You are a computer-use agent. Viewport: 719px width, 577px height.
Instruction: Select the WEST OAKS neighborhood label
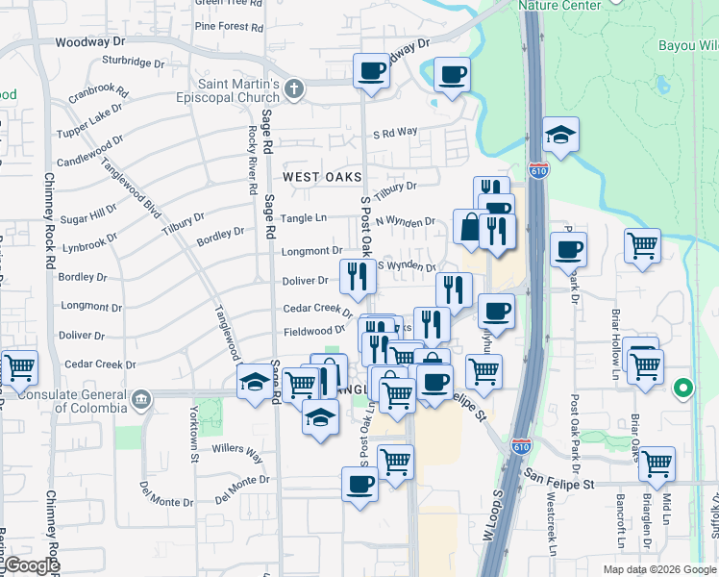[x=322, y=177]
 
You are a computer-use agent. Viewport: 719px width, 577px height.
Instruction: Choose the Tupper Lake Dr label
[x=92, y=120]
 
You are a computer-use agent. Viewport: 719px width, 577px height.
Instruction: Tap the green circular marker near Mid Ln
[x=683, y=389]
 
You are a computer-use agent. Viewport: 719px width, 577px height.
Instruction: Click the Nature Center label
[x=559, y=5]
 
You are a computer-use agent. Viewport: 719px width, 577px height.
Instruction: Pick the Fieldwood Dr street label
[x=313, y=331]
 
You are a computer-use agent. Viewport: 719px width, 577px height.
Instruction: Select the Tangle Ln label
[x=307, y=218]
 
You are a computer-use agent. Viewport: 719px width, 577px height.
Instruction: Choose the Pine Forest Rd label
[x=229, y=26]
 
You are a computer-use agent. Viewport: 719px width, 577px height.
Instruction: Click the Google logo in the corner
[x=31, y=565]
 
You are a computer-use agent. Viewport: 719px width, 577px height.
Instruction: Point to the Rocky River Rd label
[x=252, y=153]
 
